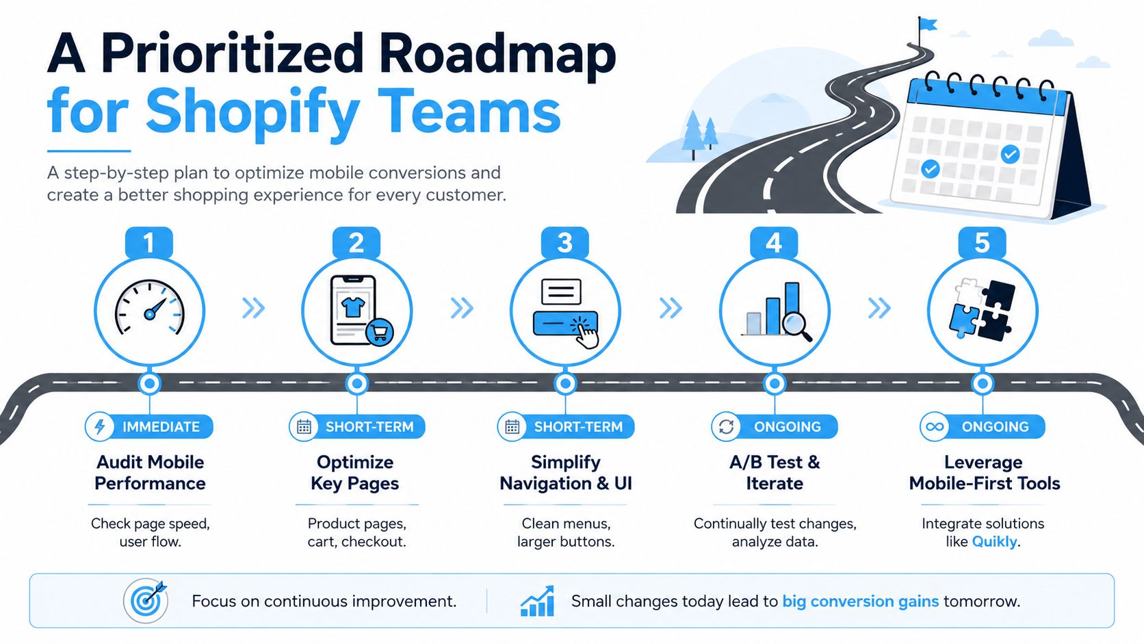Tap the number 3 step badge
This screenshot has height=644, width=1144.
pyautogui.click(x=565, y=242)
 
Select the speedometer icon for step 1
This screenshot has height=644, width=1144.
pyautogui.click(x=150, y=307)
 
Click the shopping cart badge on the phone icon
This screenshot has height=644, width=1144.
pyautogui.click(x=380, y=333)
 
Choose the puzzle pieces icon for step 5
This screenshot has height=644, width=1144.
pyautogui.click(x=982, y=309)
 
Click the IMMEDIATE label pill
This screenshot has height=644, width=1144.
pyautogui.click(x=148, y=426)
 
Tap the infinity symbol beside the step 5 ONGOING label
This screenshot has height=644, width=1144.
pyautogui.click(x=935, y=426)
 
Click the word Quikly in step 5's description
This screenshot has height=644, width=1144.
pyautogui.click(x=994, y=541)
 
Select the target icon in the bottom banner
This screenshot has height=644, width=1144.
pyautogui.click(x=146, y=601)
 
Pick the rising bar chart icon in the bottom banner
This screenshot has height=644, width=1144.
pyautogui.click(x=536, y=601)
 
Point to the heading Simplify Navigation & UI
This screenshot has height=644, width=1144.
pyautogui.click(x=565, y=472)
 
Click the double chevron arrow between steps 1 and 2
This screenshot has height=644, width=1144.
pyautogui.click(x=253, y=308)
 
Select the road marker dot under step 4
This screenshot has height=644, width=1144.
pyautogui.click(x=775, y=383)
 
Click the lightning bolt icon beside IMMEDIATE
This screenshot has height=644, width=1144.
pyautogui.click(x=100, y=426)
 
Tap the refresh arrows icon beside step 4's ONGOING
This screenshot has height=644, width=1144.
pyautogui.click(x=726, y=426)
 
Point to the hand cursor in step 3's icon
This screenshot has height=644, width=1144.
pyautogui.click(x=585, y=334)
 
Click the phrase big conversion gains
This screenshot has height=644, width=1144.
pyautogui.click(x=861, y=601)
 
